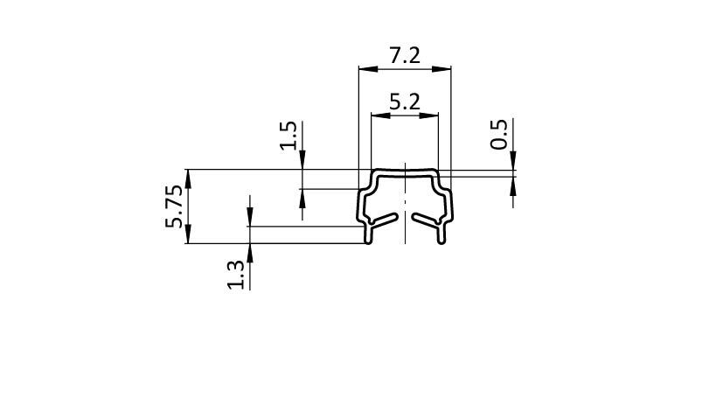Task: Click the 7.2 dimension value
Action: point(405,56)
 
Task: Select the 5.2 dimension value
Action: point(405,102)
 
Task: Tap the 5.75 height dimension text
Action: point(174,206)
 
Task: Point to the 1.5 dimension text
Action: point(289,136)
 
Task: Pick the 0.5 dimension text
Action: point(498,134)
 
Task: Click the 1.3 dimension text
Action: point(236,275)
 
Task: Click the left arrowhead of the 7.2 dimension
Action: point(368,69)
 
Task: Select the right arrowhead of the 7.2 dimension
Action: point(441,69)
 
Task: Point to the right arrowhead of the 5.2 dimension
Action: point(429,115)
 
